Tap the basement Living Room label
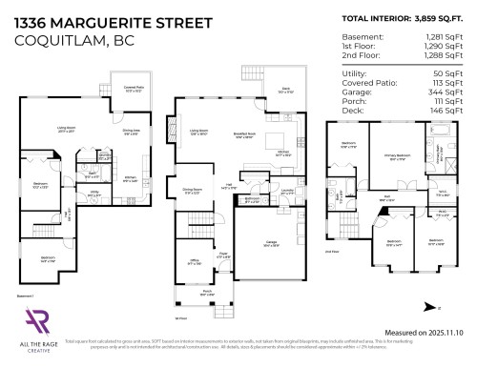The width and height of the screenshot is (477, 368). (67, 130)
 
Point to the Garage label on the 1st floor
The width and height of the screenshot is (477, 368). (272, 244)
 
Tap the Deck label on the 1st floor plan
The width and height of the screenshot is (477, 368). (284, 90)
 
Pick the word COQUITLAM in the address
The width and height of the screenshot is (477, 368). (55, 40)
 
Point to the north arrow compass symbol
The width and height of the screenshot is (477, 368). (431, 307)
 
